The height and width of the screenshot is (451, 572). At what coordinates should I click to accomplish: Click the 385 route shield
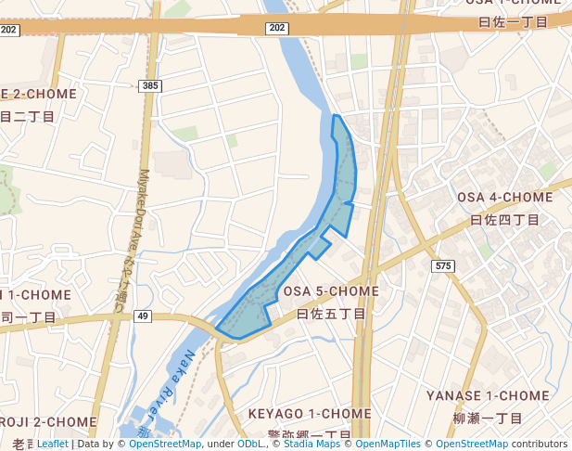(150, 86)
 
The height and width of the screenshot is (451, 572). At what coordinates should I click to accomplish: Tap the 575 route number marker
(443, 266)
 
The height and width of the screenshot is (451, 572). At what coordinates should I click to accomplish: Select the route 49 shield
(142, 316)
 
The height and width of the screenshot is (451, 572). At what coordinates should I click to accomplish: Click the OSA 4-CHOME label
(504, 197)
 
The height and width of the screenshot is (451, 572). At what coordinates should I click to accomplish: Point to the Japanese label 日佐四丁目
(504, 220)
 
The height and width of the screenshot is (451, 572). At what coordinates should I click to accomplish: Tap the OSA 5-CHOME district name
(331, 291)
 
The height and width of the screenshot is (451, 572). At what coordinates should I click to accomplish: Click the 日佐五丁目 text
(331, 315)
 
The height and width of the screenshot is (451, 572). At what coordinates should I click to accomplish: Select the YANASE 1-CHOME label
(488, 395)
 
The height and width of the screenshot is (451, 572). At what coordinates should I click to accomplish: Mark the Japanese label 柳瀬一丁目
(488, 419)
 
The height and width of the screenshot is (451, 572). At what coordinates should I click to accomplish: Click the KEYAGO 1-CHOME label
(310, 413)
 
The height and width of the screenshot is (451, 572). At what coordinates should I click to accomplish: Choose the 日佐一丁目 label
(519, 20)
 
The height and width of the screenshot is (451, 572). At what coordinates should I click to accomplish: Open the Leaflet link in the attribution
(52, 445)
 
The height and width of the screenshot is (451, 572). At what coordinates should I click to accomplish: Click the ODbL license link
(250, 445)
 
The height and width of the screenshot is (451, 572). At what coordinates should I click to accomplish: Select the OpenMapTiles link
(388, 445)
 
